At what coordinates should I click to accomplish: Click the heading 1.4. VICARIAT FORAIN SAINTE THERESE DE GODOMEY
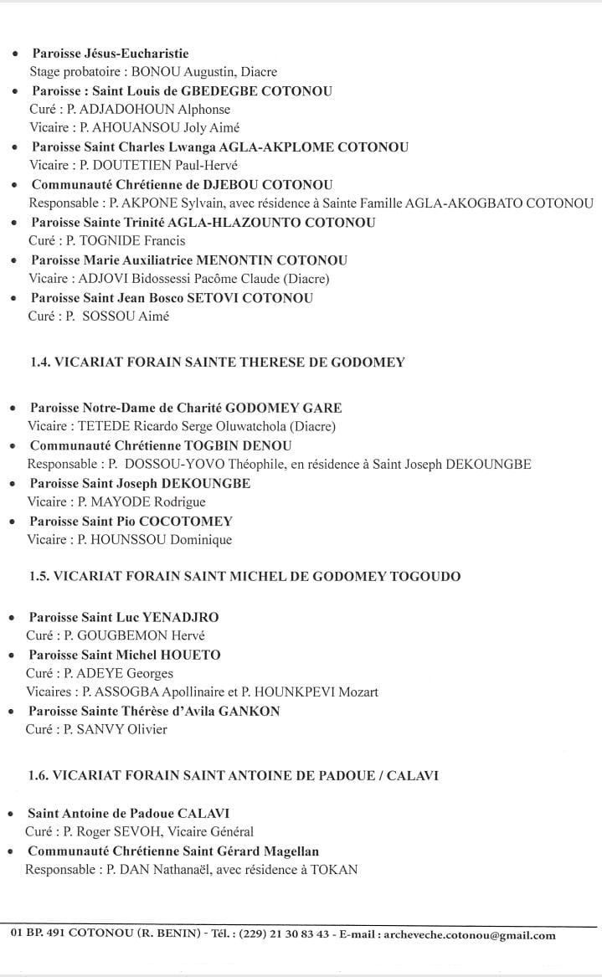218,363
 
